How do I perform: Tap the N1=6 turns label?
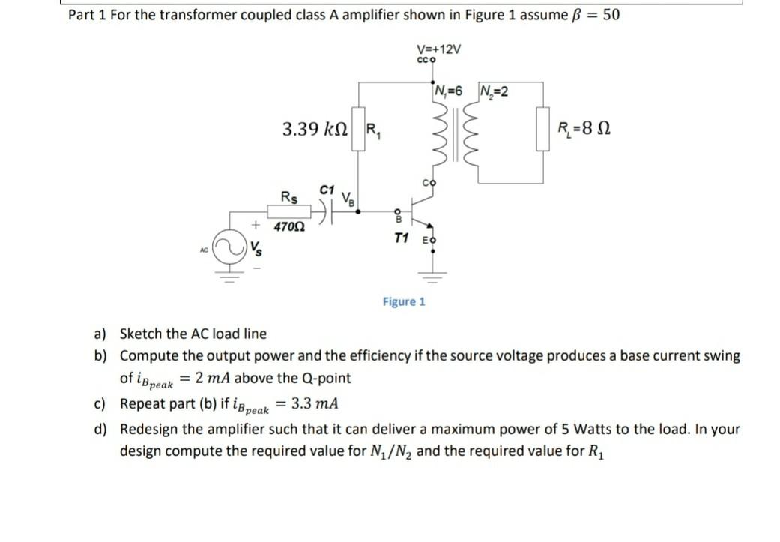click(x=449, y=91)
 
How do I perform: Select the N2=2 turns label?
click(x=494, y=91)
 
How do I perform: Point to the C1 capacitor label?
click(x=326, y=190)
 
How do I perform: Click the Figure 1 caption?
click(x=404, y=301)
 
